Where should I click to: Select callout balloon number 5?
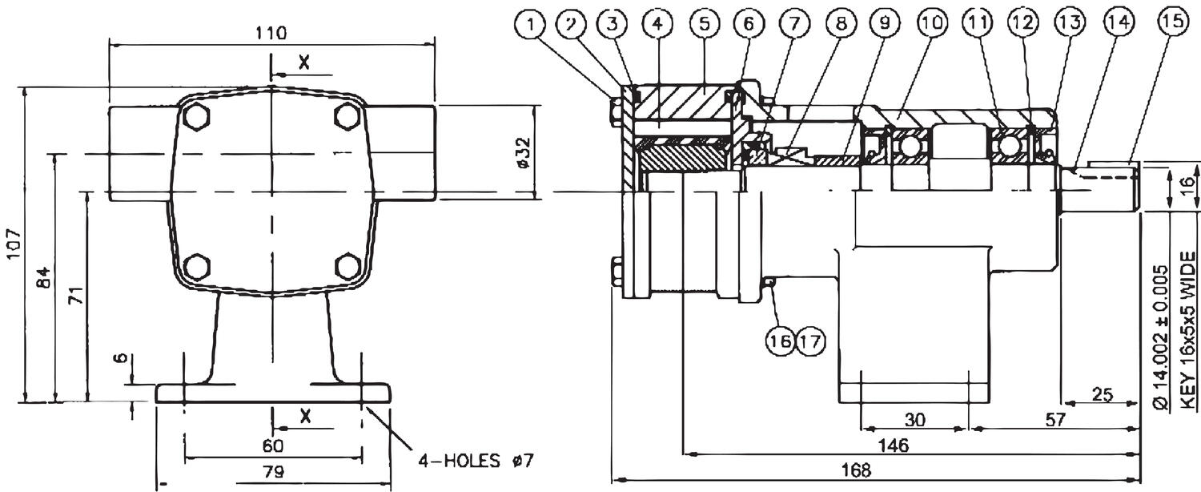pyautogui.click(x=704, y=25)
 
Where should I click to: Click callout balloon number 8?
pyautogui.click(x=840, y=25)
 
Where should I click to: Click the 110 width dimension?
pyautogui.click(x=271, y=33)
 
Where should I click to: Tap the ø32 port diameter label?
pyautogui.click(x=522, y=152)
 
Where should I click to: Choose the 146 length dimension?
pyautogui.click(x=892, y=446)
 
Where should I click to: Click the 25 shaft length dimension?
pyautogui.click(x=1102, y=394)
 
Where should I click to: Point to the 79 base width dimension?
pyautogui.click(x=273, y=472)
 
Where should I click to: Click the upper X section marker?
pyautogui.click(x=303, y=63)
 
